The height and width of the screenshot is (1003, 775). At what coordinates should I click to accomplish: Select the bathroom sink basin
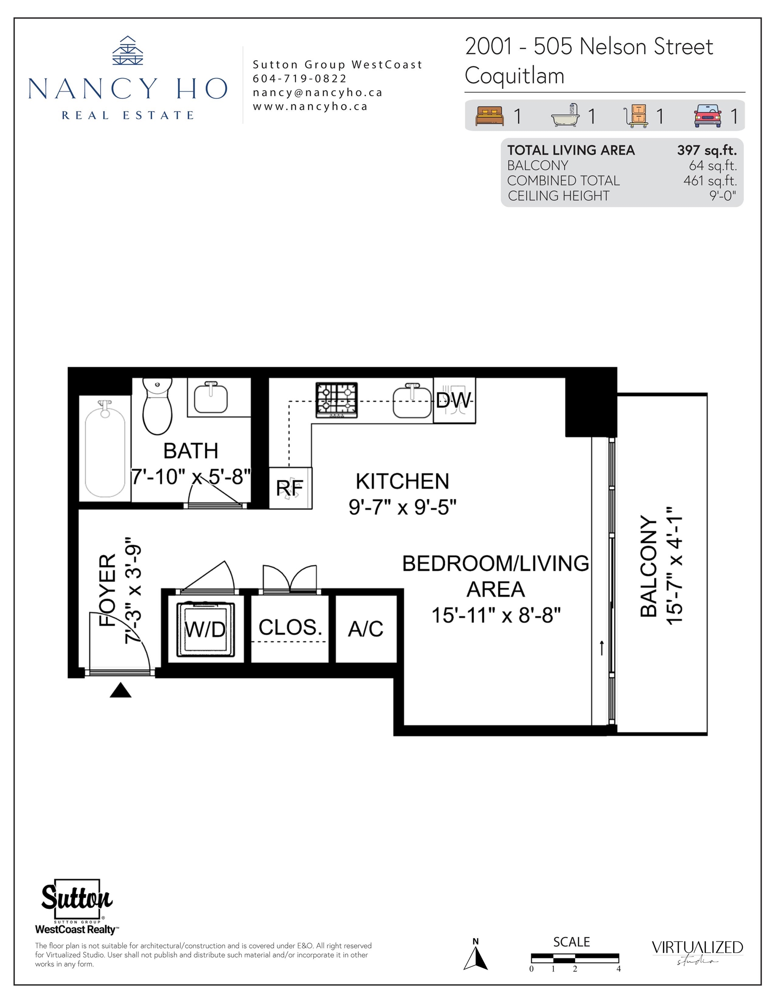pyautogui.click(x=211, y=397)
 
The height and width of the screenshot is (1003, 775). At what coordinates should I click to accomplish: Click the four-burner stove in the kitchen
pyautogui.click(x=336, y=400)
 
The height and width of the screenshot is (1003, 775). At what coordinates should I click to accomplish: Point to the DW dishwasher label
pyautogui.click(x=453, y=400)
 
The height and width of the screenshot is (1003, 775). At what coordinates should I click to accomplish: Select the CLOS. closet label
pyautogui.click(x=290, y=627)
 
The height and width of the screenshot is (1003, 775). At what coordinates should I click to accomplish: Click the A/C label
pyautogui.click(x=366, y=629)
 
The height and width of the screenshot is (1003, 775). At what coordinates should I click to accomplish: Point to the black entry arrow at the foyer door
pyautogui.click(x=120, y=690)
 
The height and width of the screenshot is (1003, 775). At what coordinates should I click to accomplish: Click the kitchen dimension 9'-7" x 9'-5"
pyautogui.click(x=402, y=508)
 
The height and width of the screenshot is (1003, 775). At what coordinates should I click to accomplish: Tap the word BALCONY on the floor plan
pyautogui.click(x=649, y=566)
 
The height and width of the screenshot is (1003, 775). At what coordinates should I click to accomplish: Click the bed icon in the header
pyautogui.click(x=489, y=116)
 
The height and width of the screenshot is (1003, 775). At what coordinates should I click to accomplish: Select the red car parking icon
pyautogui.click(x=708, y=116)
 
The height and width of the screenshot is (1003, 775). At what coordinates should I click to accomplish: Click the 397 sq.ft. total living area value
pyautogui.click(x=707, y=150)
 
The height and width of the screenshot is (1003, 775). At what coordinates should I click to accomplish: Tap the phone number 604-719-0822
pyautogui.click(x=300, y=78)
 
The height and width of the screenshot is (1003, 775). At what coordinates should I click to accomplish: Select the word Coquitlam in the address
pyautogui.click(x=515, y=76)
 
